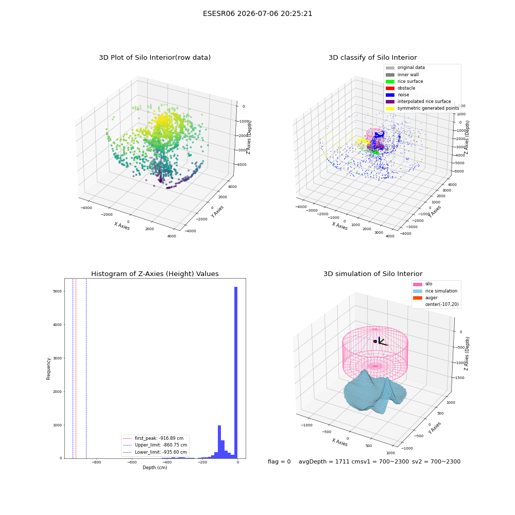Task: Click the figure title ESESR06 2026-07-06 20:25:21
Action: [257, 14]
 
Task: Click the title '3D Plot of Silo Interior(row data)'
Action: [154, 58]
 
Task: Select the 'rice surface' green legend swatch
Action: [390, 81]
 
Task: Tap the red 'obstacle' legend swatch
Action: [390, 88]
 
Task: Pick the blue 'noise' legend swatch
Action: [390, 95]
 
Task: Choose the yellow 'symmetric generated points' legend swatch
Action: [390, 108]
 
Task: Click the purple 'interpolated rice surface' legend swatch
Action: [390, 101]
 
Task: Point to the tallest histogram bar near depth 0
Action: [236, 372]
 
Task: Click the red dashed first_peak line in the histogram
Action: [76, 368]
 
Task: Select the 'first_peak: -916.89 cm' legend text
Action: [159, 438]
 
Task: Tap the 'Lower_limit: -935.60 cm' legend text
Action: [161, 452]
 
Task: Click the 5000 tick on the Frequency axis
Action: [57, 291]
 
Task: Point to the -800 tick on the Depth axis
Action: [96, 462]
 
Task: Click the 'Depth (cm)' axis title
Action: [155, 468]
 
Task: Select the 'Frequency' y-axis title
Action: [48, 369]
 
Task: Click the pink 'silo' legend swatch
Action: [418, 284]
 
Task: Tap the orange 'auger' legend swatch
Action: [418, 298]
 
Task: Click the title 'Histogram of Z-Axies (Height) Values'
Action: [154, 274]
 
